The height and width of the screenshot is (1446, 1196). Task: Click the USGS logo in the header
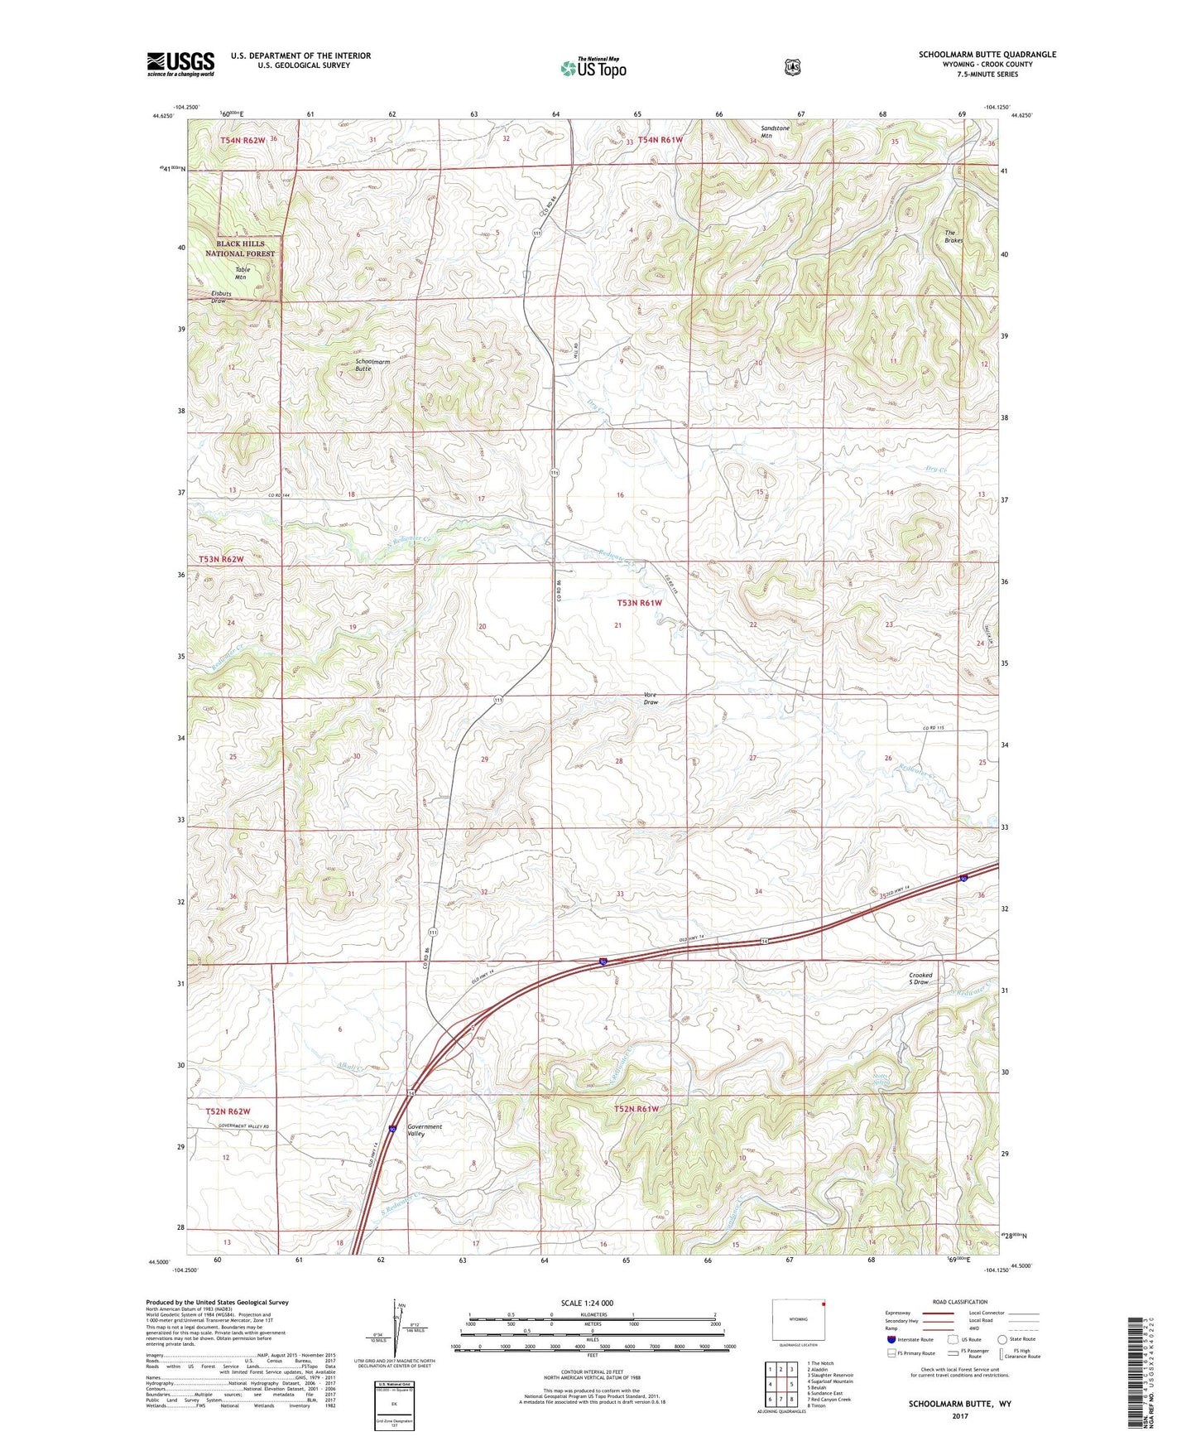click(180, 63)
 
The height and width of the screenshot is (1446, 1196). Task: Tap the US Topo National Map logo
click(592, 67)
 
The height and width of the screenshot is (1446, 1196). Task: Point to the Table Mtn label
click(241, 273)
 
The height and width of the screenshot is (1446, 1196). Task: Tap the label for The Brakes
click(953, 236)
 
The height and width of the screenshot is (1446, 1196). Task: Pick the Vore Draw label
click(651, 698)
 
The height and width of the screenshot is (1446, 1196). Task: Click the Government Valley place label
click(425, 1130)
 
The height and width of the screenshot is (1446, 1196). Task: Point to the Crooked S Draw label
click(920, 979)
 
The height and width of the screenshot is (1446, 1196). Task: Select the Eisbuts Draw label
click(219, 297)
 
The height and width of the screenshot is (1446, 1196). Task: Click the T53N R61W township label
click(639, 603)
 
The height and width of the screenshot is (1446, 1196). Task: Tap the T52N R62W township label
click(228, 1111)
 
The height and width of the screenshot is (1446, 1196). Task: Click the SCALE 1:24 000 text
click(587, 1303)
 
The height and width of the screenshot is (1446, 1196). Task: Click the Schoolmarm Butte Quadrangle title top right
click(987, 55)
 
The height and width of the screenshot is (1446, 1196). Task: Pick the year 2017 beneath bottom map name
click(959, 1415)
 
